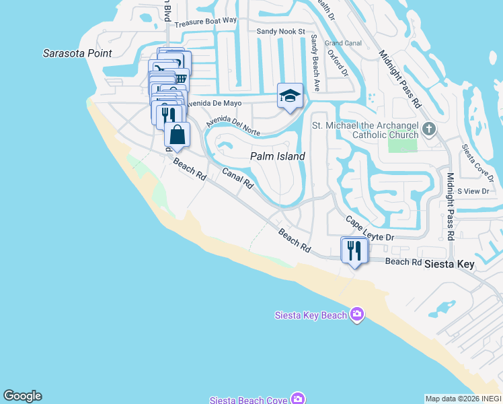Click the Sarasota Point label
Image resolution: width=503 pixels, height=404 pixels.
coord(77,53)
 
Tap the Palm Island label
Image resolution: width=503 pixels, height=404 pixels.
coord(278,156)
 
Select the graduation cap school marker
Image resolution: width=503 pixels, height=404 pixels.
coord(290,96)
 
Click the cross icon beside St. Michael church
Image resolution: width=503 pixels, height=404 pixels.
coord(428,128)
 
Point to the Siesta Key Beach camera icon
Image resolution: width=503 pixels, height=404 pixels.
coord(357,314)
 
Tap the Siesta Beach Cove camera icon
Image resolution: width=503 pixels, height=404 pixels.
coord(298,399)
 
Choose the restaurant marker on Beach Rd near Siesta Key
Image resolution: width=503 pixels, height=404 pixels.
coord(354,250)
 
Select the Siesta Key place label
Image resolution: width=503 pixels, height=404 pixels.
coord(449,265)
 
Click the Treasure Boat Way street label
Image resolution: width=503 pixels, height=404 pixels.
coord(206,21)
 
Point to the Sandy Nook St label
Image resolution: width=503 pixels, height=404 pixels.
coord(281,32)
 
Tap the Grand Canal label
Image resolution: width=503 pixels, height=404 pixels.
coord(343,43)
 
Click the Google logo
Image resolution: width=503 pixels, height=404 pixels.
coord(22,396)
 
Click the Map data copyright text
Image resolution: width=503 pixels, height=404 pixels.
coord(463,399)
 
